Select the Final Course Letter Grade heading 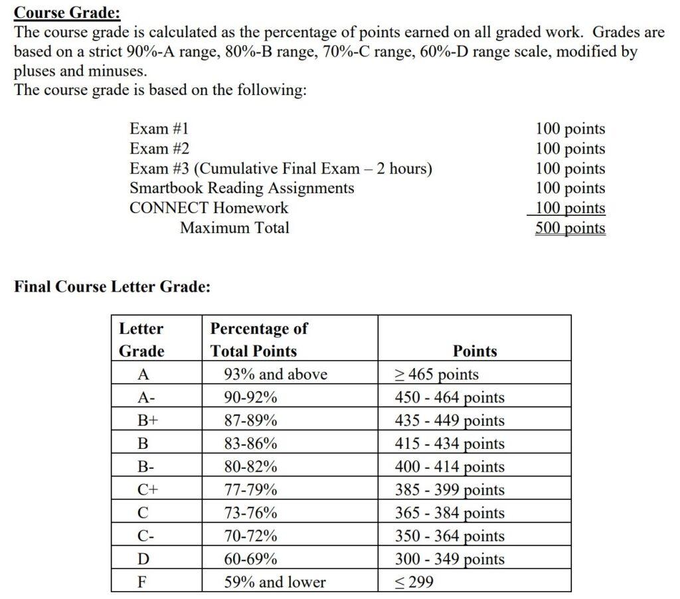112,287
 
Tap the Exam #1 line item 159,129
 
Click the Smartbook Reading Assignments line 242,188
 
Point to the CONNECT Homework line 209,208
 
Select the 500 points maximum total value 570,228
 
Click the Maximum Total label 234,228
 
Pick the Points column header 474,351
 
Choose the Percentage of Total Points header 259,339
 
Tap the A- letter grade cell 143,397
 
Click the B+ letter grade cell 144,420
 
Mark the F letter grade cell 141,582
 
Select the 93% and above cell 276,374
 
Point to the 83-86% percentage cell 250,443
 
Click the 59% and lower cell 275,582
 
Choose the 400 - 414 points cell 450,466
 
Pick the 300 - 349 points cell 450,558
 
